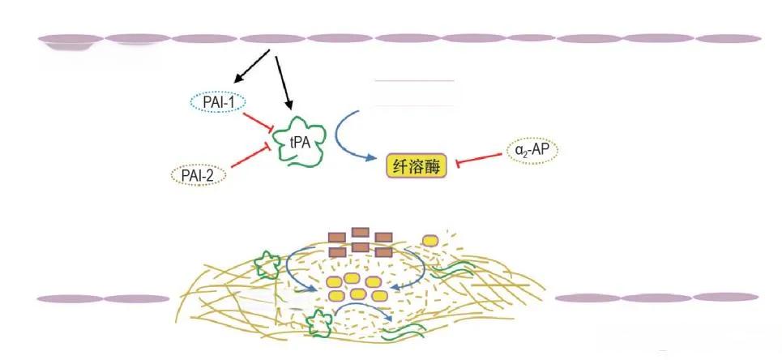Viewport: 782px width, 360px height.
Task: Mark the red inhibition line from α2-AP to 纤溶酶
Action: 483,159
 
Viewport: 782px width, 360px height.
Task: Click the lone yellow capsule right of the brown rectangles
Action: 429,240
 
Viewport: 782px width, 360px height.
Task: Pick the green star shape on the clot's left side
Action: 265,264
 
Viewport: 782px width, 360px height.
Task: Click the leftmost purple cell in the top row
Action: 71,39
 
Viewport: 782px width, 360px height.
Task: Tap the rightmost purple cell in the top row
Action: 727,38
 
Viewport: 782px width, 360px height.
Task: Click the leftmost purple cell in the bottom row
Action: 70,298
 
